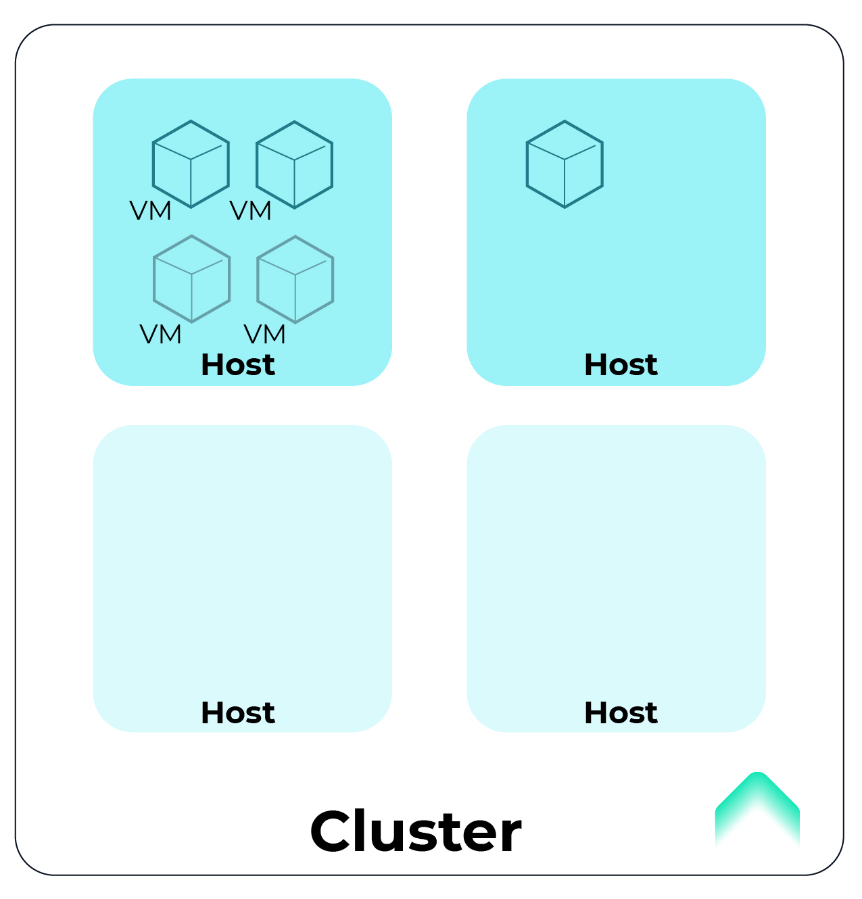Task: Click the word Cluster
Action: click(x=415, y=831)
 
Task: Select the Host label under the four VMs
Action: click(x=238, y=365)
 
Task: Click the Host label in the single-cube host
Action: click(x=621, y=365)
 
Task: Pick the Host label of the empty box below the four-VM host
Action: click(x=238, y=712)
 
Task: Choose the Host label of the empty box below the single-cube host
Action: click(x=621, y=712)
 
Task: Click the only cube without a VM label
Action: click(x=565, y=164)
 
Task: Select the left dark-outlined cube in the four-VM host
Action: click(x=191, y=164)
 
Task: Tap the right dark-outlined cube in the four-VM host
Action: click(x=294, y=164)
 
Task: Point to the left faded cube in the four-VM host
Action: click(x=192, y=278)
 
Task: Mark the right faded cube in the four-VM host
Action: click(x=295, y=278)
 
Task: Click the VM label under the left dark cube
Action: click(x=150, y=212)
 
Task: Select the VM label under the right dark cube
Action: click(x=251, y=212)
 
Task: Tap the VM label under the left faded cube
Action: click(x=161, y=335)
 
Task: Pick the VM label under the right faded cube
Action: click(x=265, y=335)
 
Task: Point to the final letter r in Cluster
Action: click(x=510, y=835)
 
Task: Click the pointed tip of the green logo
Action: click(x=757, y=775)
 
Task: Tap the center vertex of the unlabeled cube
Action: click(x=565, y=160)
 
